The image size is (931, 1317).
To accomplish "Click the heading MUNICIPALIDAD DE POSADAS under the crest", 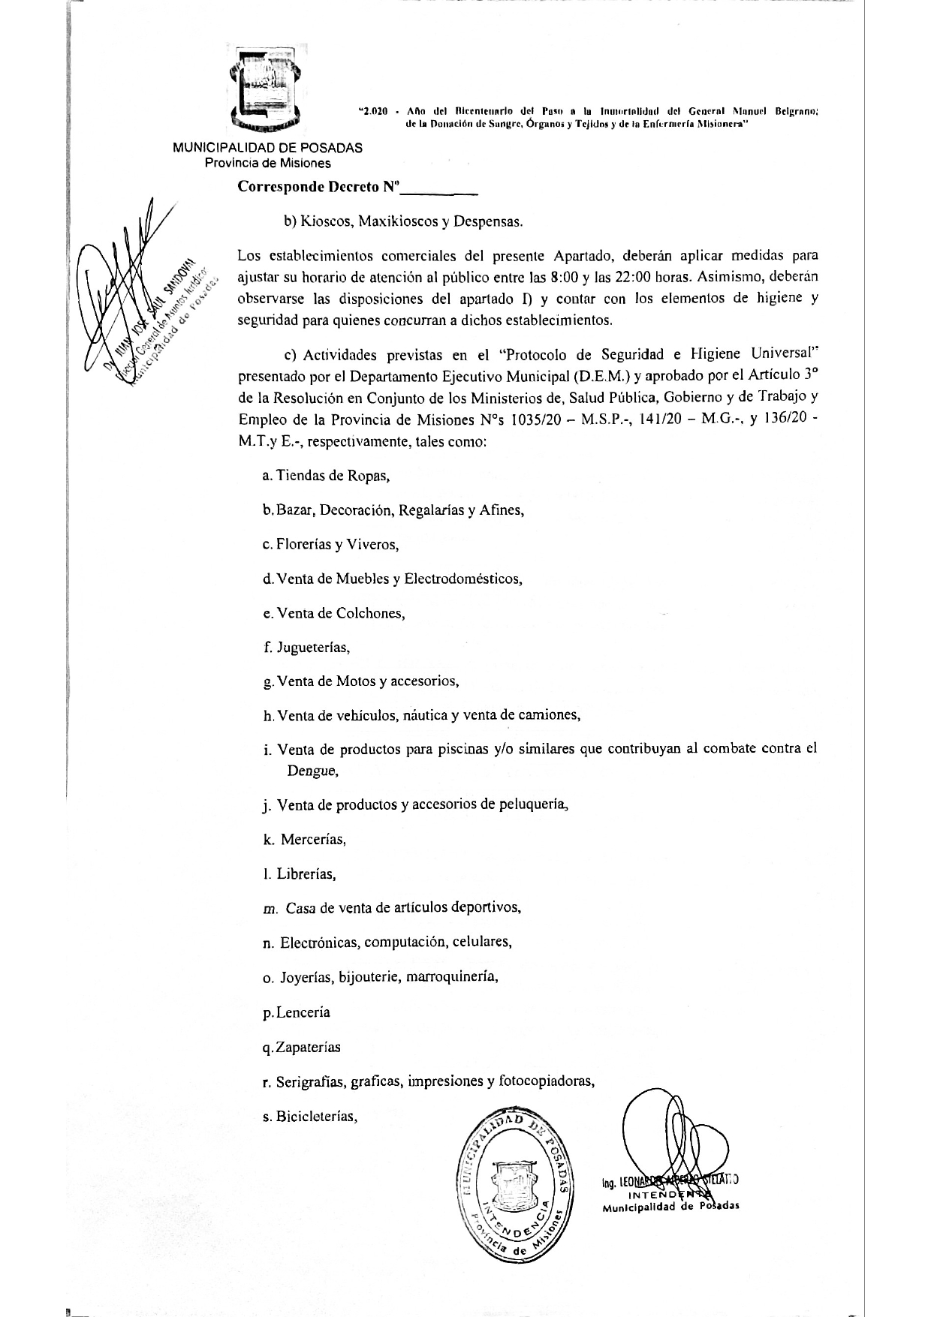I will coord(268,148).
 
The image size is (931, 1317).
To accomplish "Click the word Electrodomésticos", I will coord(462,579).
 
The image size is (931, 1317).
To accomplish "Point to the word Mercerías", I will coord(313,840).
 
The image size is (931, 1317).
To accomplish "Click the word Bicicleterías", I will coord(315,1116).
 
